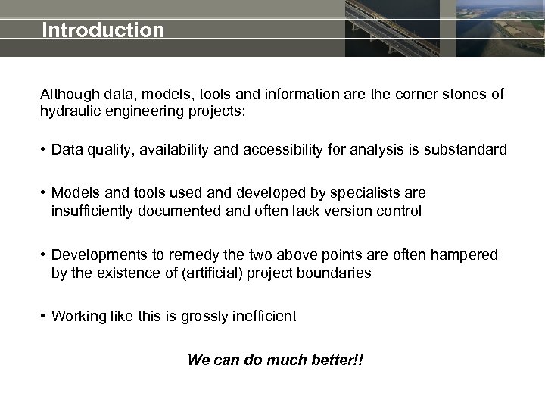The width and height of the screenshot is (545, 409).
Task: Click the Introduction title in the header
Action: tap(103, 30)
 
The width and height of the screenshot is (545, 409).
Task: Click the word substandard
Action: tap(469, 150)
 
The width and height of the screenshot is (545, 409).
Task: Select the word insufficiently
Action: tap(92, 211)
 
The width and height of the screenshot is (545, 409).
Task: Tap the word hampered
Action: tap(465, 255)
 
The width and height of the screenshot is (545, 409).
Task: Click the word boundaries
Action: tap(334, 273)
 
